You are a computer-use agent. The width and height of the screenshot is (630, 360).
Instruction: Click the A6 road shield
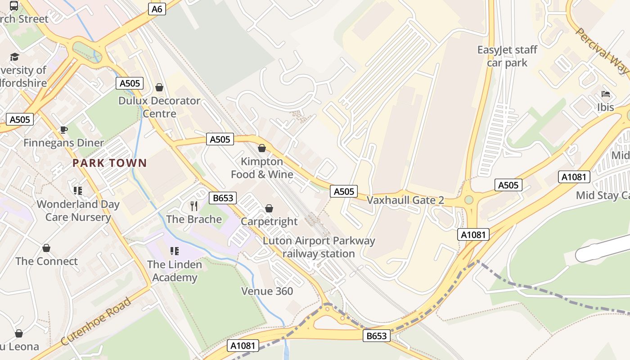click(x=157, y=9)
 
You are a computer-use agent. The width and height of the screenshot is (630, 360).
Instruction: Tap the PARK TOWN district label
click(x=110, y=163)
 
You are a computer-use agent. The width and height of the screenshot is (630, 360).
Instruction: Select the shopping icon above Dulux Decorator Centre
click(x=159, y=87)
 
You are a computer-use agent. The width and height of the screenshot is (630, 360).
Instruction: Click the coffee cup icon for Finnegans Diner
click(x=64, y=130)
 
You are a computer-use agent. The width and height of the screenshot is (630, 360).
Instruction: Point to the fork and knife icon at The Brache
click(x=194, y=206)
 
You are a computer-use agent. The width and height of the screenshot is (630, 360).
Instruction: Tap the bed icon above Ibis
click(x=606, y=94)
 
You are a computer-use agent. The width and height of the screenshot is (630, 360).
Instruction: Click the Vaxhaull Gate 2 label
click(x=405, y=200)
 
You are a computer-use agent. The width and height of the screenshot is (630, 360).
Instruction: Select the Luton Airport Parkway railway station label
click(x=319, y=247)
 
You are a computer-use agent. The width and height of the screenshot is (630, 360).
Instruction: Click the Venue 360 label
click(x=267, y=291)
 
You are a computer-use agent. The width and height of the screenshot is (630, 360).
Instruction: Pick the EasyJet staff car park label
click(x=507, y=56)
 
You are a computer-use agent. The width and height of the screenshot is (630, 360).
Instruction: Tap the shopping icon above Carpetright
click(x=269, y=208)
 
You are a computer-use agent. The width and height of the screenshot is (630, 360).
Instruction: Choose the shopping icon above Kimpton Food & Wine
click(x=262, y=148)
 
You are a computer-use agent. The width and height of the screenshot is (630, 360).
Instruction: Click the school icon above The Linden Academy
click(x=175, y=251)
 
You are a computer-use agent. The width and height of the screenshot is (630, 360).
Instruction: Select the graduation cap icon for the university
click(x=14, y=57)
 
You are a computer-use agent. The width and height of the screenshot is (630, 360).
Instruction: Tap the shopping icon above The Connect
click(x=46, y=248)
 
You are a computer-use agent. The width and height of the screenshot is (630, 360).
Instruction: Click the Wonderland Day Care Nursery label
click(x=78, y=211)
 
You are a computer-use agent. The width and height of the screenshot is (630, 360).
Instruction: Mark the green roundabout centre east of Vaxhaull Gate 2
click(x=469, y=199)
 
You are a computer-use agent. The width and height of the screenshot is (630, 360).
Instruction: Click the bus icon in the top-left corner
click(x=14, y=6)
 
